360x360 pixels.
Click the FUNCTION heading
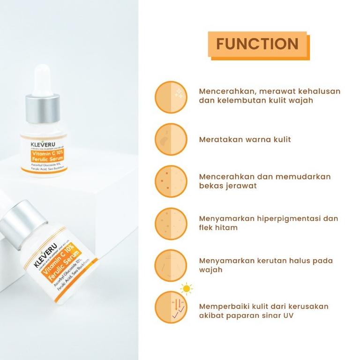point(257,44)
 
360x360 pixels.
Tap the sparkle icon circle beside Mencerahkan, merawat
point(171,97)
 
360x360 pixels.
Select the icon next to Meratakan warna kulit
point(171,139)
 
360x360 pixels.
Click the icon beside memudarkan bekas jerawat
point(171,181)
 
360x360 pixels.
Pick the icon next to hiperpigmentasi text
point(171,223)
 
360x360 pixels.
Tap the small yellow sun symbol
point(187,289)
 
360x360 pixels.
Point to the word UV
point(288,315)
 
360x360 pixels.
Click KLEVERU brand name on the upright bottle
point(44,140)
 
